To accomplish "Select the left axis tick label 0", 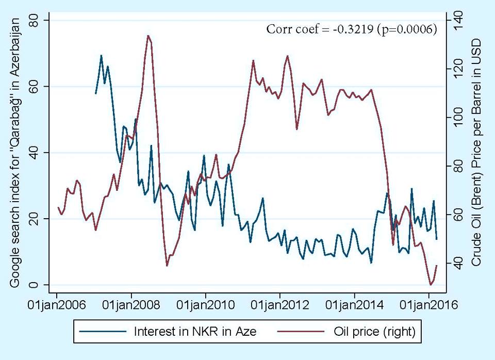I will coord(38,285).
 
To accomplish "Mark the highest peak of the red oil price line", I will coord(148,36).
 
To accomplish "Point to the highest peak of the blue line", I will coord(101,55).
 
